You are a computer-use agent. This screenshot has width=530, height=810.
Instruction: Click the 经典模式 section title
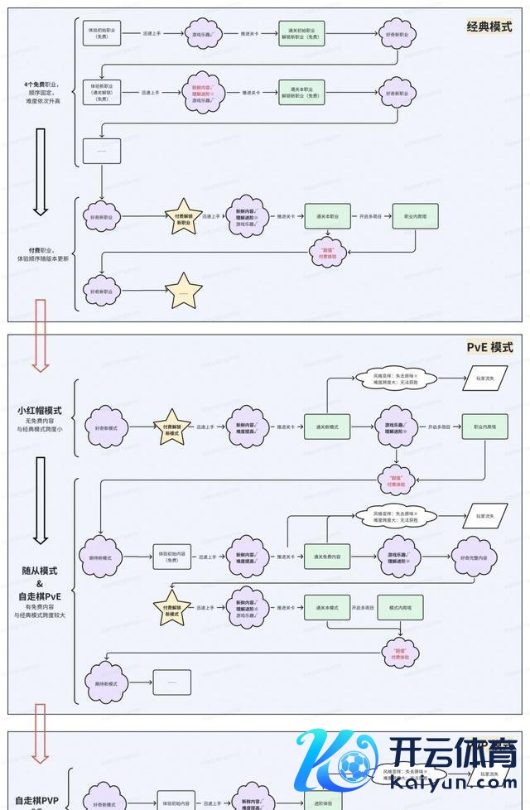pos(489,27)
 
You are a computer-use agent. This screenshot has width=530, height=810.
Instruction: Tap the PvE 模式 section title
pos(490,347)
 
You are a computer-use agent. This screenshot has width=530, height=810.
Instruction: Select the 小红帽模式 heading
pos(40,410)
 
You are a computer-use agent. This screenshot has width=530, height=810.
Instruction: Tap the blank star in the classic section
pos(183,291)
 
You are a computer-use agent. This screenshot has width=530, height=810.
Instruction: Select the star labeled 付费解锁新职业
pos(183,217)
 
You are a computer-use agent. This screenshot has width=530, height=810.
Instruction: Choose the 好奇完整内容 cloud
pos(474,556)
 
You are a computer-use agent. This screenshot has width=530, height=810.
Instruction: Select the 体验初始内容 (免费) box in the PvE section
pos(172,556)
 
